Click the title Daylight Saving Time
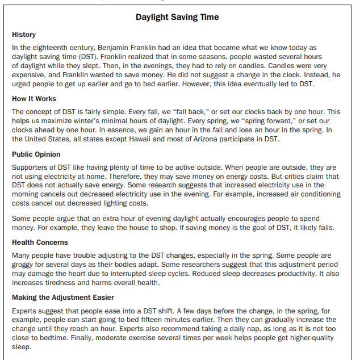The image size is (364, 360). tap(177, 17)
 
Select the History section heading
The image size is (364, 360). tap(24, 35)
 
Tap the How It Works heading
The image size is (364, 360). tap(34, 99)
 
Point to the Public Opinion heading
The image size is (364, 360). tap(36, 154)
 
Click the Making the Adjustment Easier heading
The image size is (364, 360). tap(63, 297)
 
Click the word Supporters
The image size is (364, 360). tap(30, 168)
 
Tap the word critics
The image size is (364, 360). tap(299, 176)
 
